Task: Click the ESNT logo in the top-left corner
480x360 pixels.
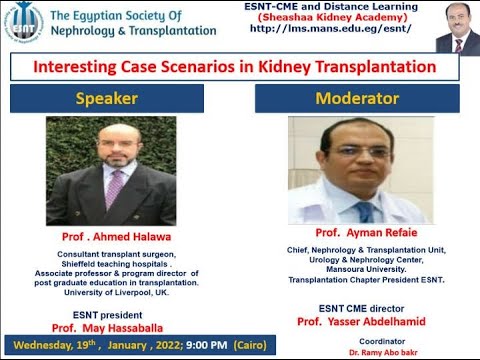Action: pyautogui.click(x=22, y=22)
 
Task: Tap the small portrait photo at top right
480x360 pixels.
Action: pyautogui.click(x=458, y=27)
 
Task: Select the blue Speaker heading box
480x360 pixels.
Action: pyautogui.click(x=106, y=98)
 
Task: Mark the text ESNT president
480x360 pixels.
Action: pyautogui.click(x=106, y=313)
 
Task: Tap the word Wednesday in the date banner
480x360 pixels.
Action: pyautogui.click(x=42, y=346)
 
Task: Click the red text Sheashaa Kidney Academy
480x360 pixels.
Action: pyautogui.click(x=350, y=17)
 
